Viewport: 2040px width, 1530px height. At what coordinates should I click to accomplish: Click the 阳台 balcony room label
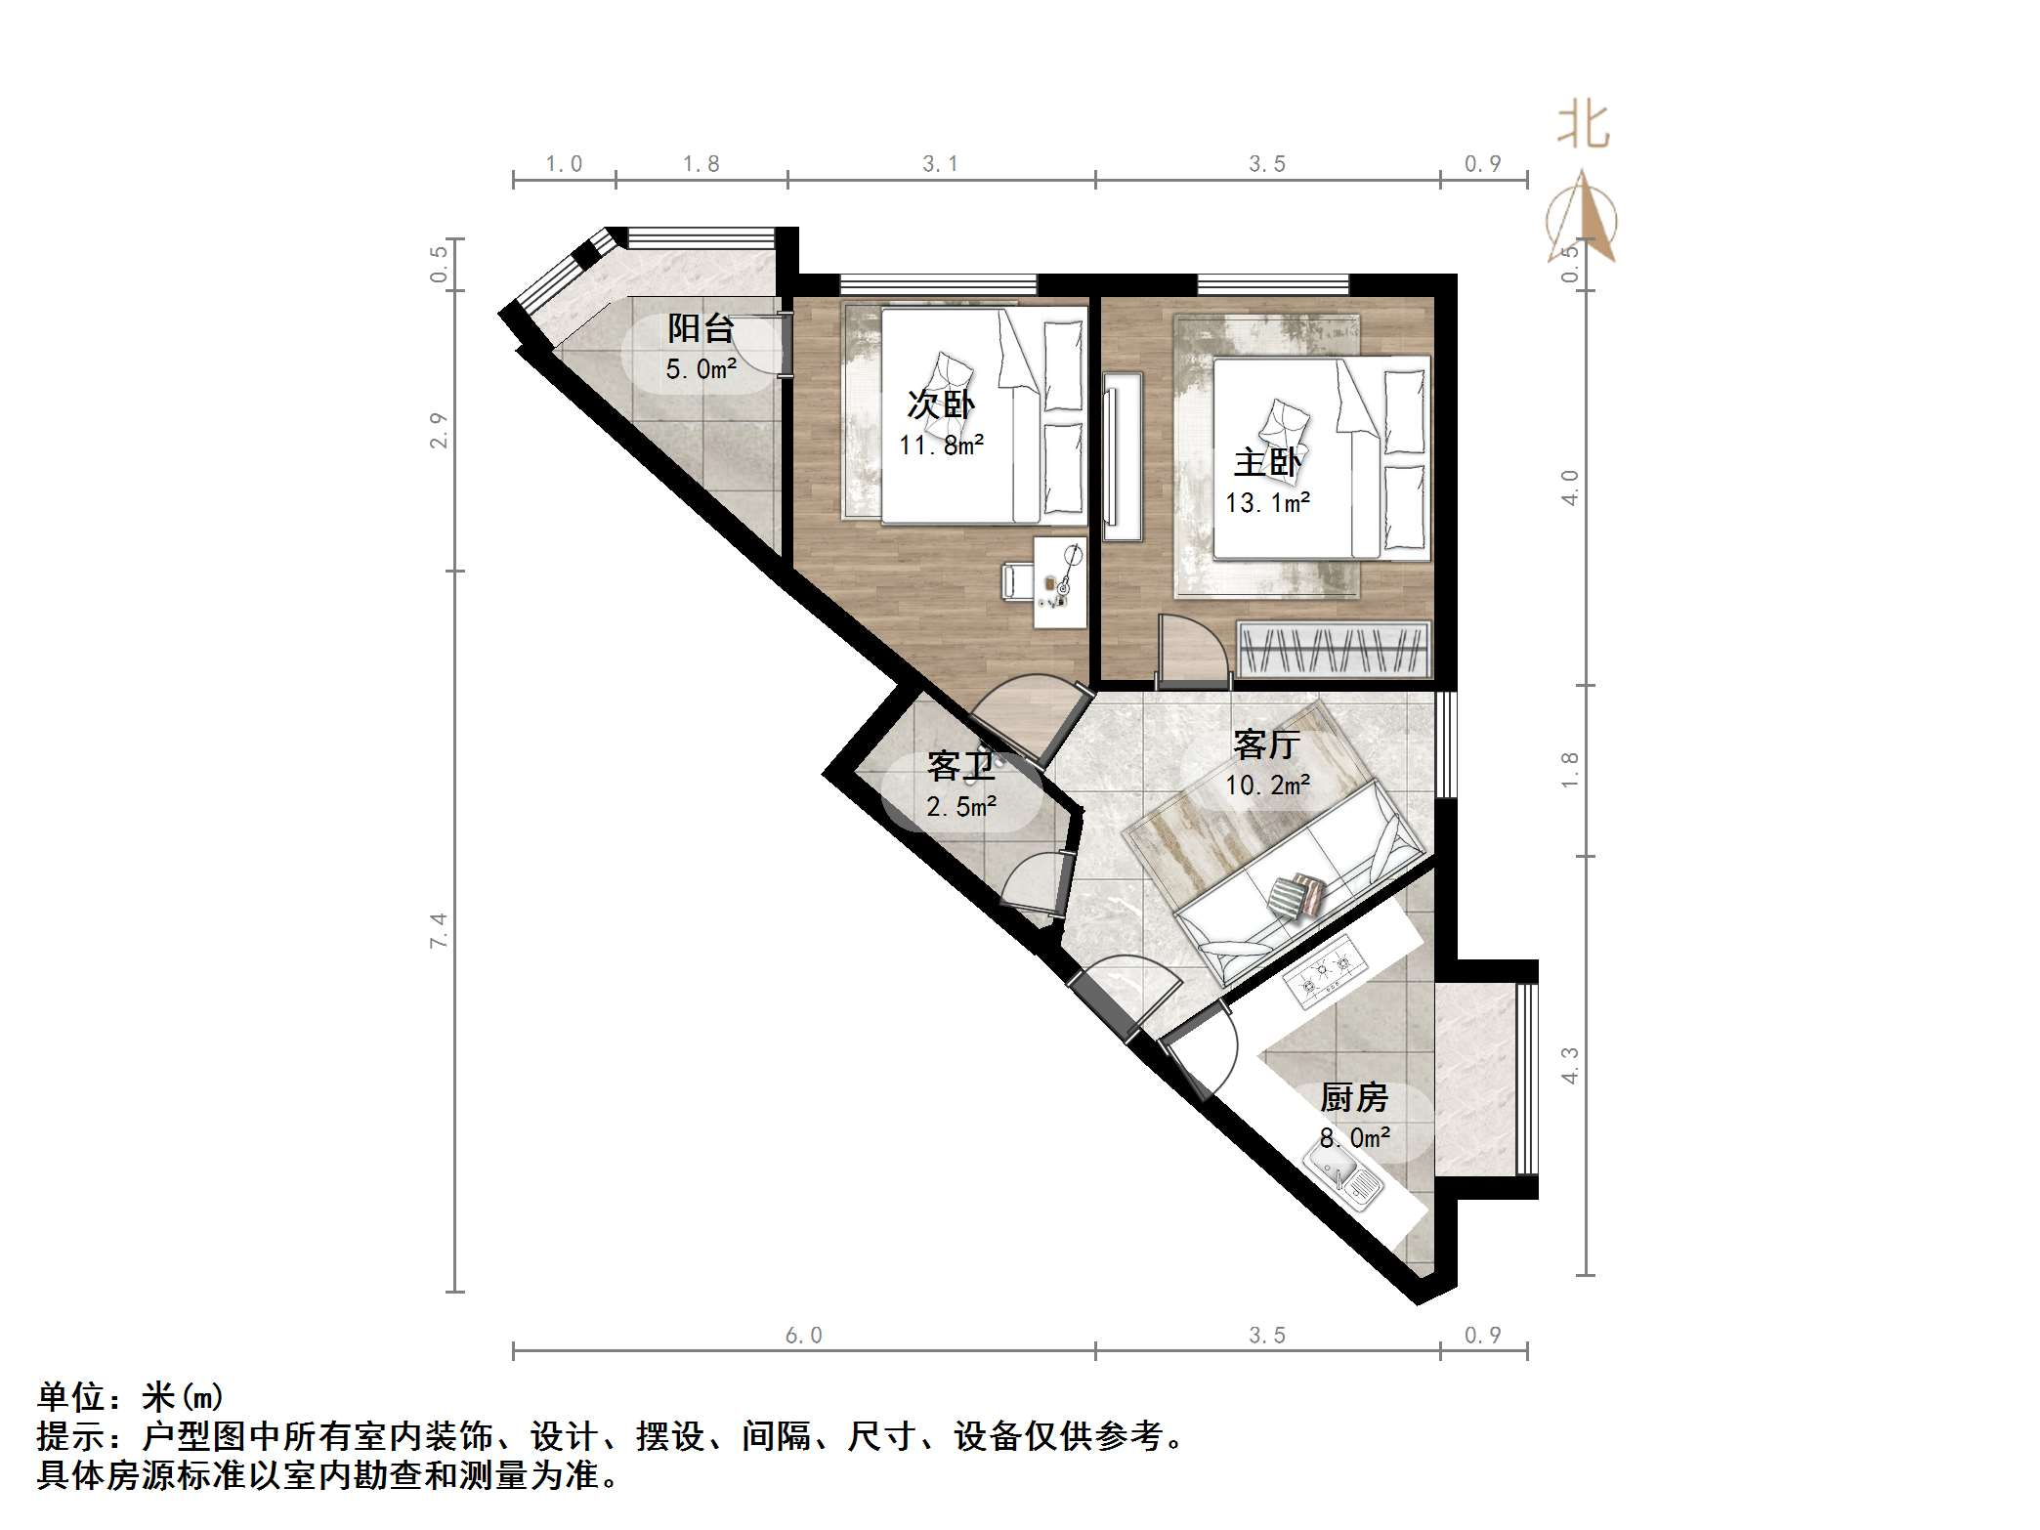[701, 328]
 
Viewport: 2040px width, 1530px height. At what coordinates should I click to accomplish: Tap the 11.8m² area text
[941, 446]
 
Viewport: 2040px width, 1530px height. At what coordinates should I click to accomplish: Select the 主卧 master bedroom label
[1267, 462]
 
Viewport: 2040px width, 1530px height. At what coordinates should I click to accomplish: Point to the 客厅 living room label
[1266, 744]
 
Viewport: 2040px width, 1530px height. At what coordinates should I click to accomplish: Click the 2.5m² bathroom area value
[961, 807]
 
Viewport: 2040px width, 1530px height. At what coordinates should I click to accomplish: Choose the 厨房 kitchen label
[1354, 1098]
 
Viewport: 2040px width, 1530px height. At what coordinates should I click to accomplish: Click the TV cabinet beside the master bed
[1123, 456]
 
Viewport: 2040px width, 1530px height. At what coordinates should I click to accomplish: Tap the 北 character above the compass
[1583, 126]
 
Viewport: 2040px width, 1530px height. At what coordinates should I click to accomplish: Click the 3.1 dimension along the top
[941, 164]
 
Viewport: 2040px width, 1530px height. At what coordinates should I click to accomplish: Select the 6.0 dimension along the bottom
[803, 1336]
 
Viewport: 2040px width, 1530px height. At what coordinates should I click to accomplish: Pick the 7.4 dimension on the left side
[439, 930]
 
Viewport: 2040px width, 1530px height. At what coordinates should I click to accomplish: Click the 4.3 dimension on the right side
[1570, 1065]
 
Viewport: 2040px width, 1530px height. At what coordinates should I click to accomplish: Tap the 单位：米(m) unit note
[131, 1397]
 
